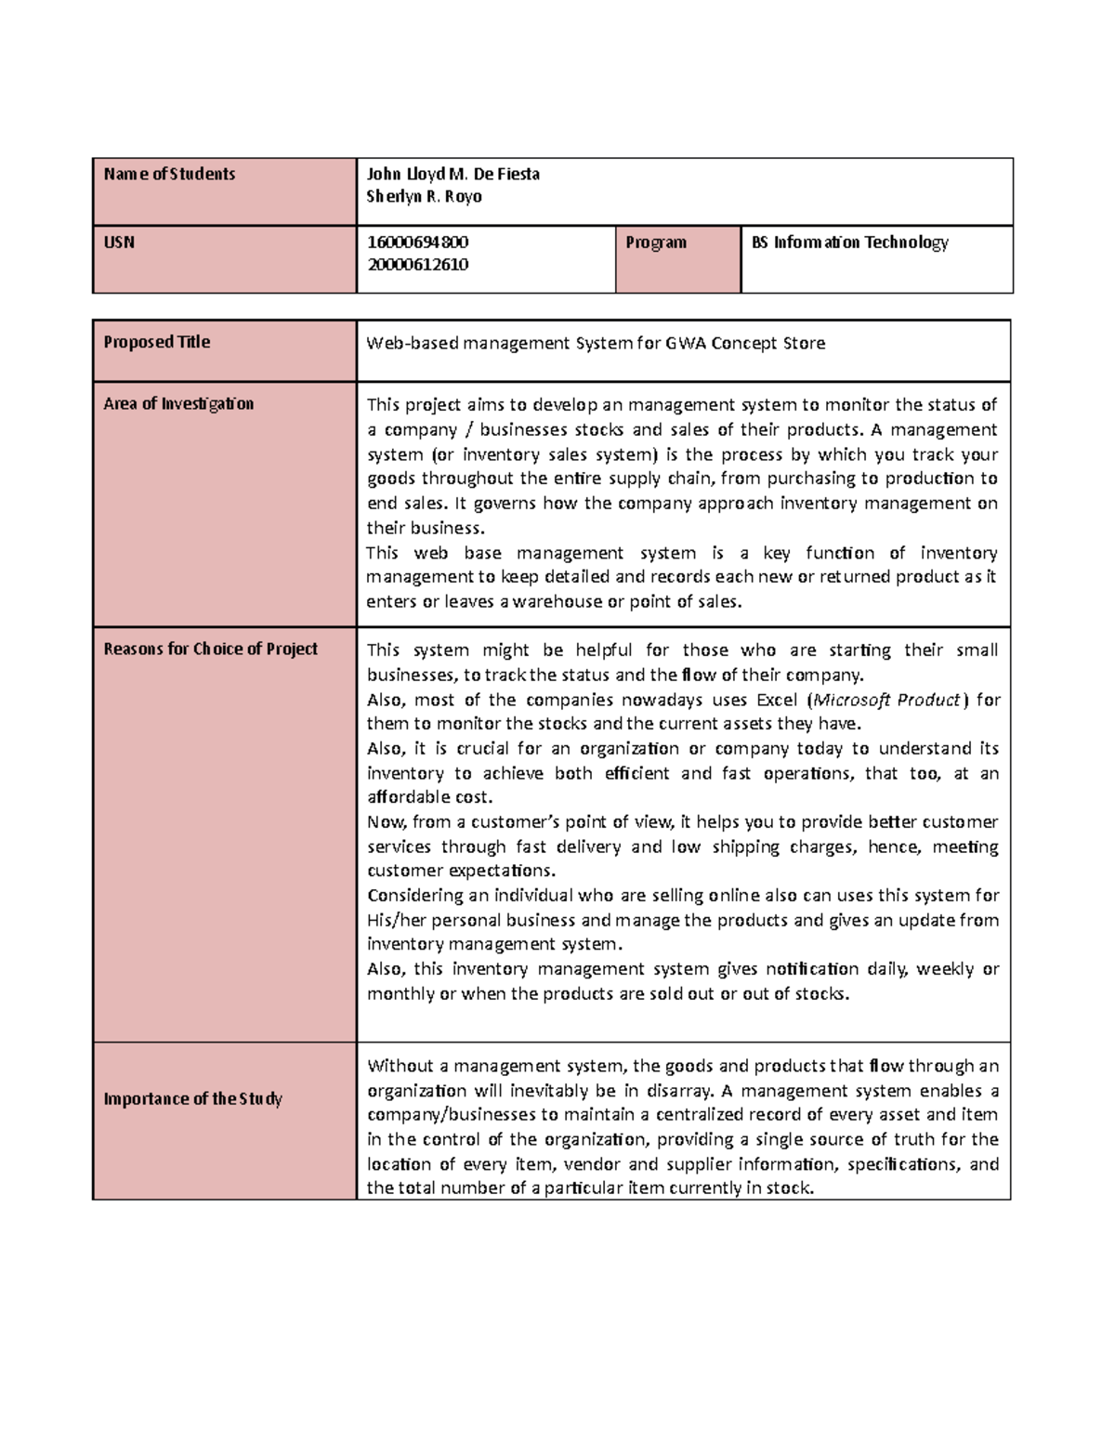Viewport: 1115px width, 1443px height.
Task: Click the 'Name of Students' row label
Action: pos(169,175)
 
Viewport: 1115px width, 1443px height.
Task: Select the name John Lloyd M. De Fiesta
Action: pos(453,175)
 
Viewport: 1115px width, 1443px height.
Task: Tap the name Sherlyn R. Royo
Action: pos(424,197)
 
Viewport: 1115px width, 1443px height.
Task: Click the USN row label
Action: pos(119,243)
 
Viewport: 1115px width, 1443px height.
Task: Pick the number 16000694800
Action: pos(417,243)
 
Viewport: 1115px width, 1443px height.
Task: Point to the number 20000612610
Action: pos(417,265)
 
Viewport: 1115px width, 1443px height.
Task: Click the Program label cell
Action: pos(656,243)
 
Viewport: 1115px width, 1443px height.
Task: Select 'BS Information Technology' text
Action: pos(849,243)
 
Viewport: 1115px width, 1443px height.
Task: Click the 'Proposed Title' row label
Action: pos(156,342)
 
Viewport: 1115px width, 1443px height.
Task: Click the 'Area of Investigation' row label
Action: pos(178,404)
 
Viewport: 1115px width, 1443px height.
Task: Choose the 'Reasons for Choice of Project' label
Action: pos(210,649)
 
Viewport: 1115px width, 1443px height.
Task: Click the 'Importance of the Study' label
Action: pos(192,1099)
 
